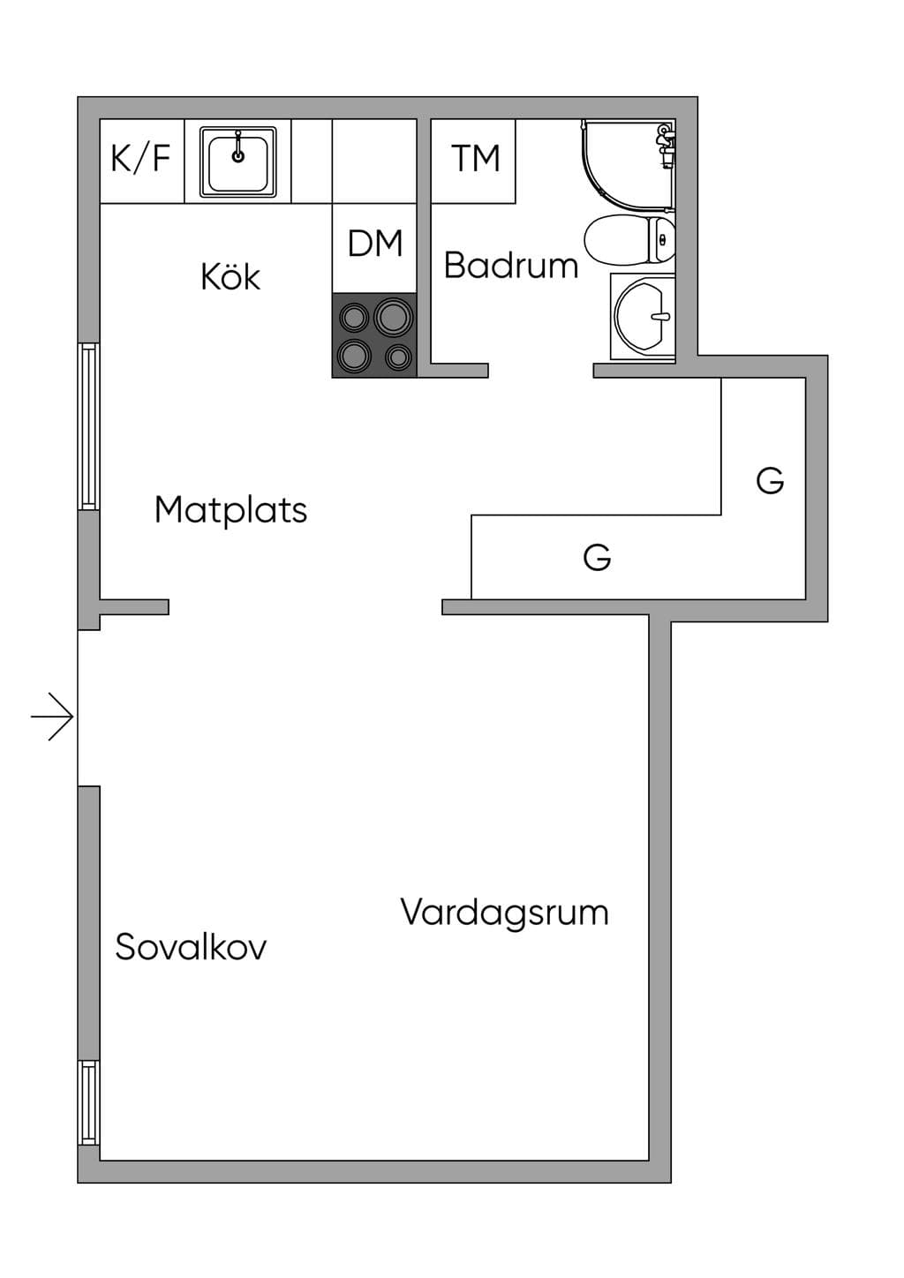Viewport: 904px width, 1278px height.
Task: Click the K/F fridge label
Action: pyautogui.click(x=140, y=158)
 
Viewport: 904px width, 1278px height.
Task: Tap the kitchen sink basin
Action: pyautogui.click(x=238, y=162)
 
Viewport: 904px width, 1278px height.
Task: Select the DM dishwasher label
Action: pyautogui.click(x=375, y=243)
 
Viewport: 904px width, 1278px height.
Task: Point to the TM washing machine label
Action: pyautogui.click(x=475, y=158)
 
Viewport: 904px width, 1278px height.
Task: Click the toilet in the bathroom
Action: pyautogui.click(x=629, y=239)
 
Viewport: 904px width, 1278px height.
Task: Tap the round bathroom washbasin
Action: pyautogui.click(x=642, y=316)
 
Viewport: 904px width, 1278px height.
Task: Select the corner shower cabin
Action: pyautogui.click(x=629, y=164)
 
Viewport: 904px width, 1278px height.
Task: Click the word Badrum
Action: pyautogui.click(x=511, y=266)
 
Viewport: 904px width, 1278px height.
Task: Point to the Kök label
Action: pyautogui.click(x=230, y=277)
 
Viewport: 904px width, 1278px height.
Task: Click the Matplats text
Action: pyautogui.click(x=230, y=509)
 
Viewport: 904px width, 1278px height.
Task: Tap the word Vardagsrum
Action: pyautogui.click(x=504, y=913)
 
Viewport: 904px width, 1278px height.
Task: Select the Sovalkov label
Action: pyautogui.click(x=191, y=946)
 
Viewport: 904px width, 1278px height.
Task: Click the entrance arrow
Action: pyautogui.click(x=52, y=716)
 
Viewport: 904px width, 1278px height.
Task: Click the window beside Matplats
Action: pyautogui.click(x=88, y=426)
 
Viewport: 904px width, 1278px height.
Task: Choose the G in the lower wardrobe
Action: pyautogui.click(x=597, y=557)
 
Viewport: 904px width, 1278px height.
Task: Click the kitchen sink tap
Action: pyautogui.click(x=238, y=147)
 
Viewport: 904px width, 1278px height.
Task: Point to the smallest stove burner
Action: pyautogui.click(x=398, y=357)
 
